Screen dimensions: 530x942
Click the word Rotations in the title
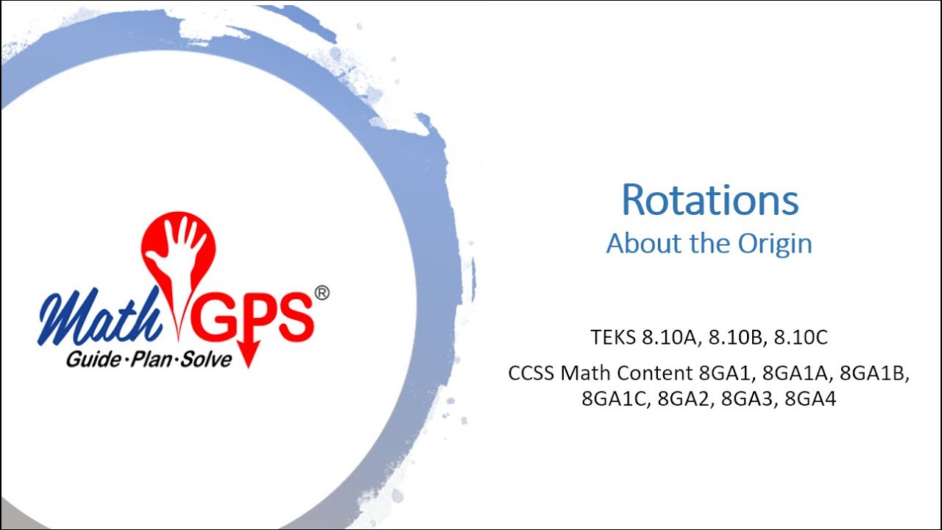click(x=709, y=200)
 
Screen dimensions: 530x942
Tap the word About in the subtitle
click(x=635, y=244)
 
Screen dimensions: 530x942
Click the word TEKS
click(x=613, y=338)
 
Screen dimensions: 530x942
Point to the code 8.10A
click(x=672, y=338)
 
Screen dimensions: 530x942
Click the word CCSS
click(x=531, y=373)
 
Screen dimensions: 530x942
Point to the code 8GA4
click(x=810, y=399)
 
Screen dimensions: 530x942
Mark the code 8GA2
click(x=684, y=399)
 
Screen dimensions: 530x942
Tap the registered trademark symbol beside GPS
click(x=322, y=293)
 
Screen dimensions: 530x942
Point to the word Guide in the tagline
click(x=91, y=360)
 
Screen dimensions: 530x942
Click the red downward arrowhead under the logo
click(x=248, y=359)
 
